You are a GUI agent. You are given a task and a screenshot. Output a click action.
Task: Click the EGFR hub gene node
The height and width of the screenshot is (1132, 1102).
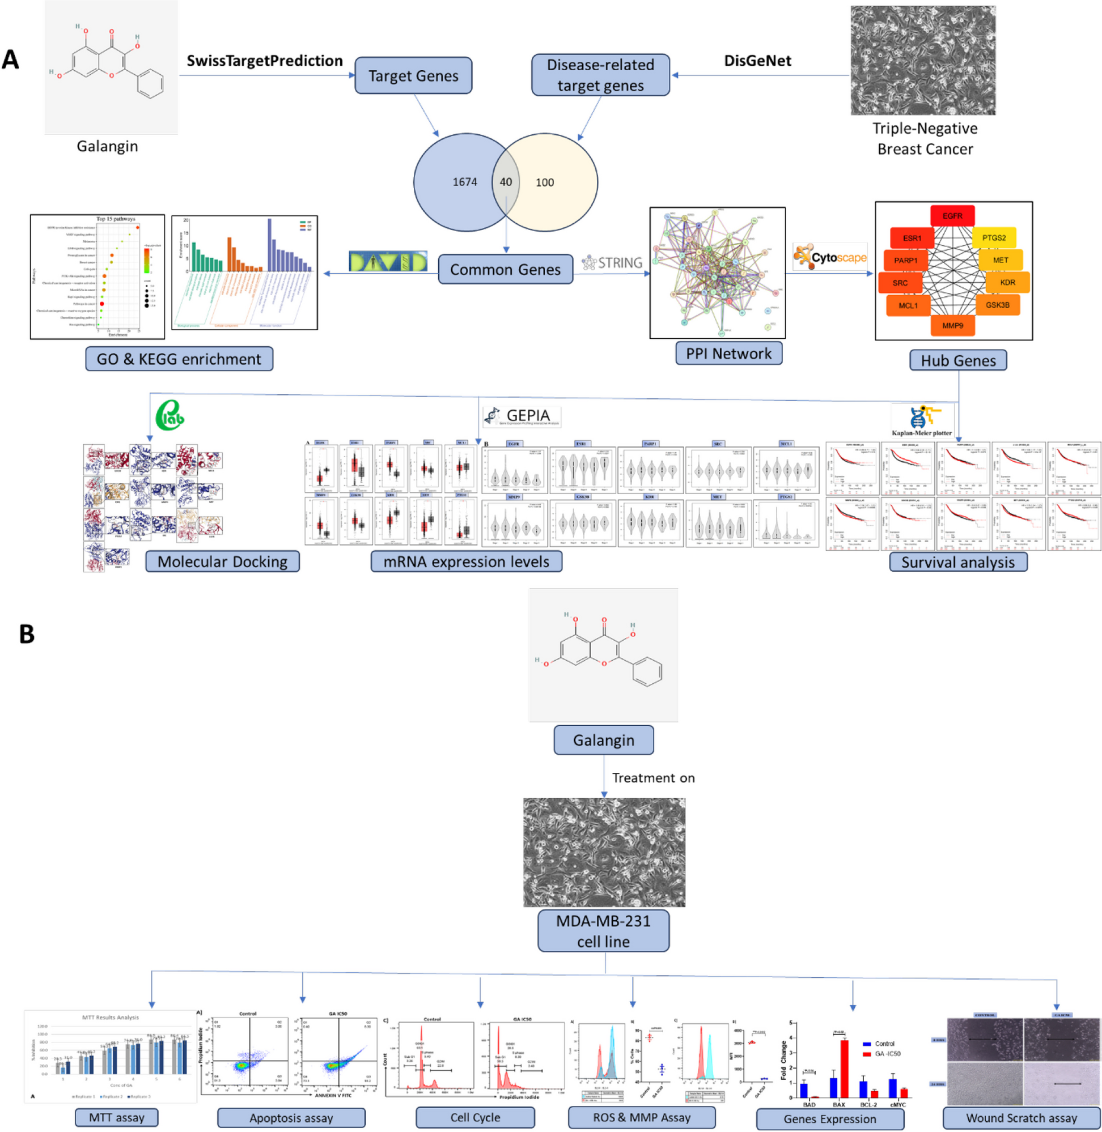point(952,216)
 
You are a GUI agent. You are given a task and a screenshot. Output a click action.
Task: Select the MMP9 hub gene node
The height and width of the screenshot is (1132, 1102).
point(952,325)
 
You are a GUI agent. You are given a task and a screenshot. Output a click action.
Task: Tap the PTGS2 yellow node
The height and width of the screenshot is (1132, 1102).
point(994,238)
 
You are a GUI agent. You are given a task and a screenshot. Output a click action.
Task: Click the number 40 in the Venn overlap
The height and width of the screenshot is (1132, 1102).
point(505,182)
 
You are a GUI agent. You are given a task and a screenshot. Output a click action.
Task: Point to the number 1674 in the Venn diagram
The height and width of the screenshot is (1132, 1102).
point(465,182)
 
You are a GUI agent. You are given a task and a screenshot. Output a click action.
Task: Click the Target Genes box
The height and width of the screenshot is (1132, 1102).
point(413,76)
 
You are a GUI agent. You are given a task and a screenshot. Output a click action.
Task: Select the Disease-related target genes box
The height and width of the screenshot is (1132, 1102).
point(600,75)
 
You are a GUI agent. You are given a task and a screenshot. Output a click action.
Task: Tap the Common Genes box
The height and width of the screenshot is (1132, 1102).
point(505,270)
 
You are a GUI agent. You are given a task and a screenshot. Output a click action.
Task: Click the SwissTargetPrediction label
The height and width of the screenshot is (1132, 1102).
point(265,61)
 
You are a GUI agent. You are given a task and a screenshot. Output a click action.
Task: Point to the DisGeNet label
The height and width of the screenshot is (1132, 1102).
point(757,61)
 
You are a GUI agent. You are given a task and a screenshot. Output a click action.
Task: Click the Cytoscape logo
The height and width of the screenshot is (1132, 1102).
point(830,257)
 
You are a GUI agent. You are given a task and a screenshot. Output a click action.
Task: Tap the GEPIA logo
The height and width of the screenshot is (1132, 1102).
point(522,416)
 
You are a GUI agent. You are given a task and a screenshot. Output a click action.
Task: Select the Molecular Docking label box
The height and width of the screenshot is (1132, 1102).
point(222,561)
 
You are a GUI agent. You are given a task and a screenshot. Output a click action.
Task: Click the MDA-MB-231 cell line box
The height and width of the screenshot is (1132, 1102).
point(603,931)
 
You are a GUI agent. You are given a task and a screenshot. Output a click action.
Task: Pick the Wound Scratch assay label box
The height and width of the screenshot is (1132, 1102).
point(1022,1118)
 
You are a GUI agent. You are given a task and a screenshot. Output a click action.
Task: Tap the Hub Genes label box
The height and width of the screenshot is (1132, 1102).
point(958,360)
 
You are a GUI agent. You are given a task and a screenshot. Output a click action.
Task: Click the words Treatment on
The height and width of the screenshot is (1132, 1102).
point(653,778)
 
